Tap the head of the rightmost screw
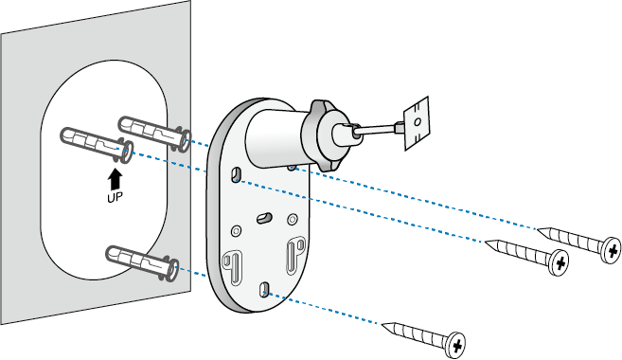[612, 249]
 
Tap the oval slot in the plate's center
[263, 218]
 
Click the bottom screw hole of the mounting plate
[266, 288]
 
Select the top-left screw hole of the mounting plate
[235, 172]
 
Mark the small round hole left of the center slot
[234, 230]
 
